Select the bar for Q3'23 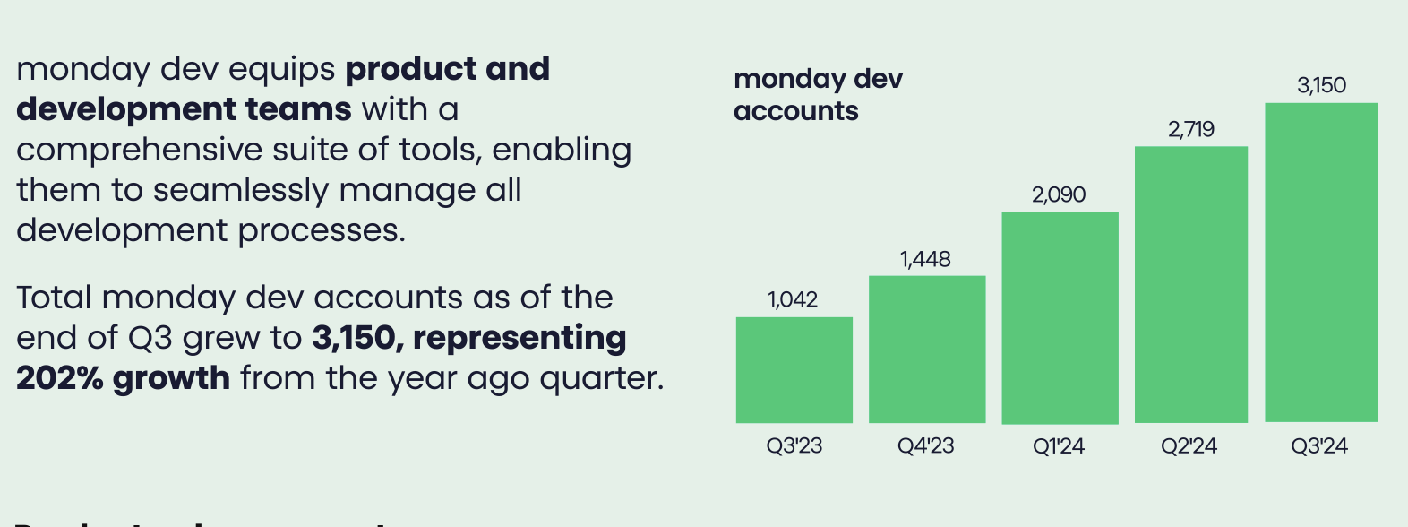(794, 369)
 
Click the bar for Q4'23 (927, 349)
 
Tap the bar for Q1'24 (1060, 317)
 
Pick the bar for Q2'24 (1190, 284)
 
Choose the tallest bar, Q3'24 (1321, 263)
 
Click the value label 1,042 (793, 299)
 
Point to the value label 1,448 (925, 259)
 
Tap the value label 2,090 (1059, 194)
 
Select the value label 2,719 (1190, 129)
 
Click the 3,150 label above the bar (1321, 85)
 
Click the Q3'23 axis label (794, 445)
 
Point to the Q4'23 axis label (925, 445)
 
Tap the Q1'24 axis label (1058, 445)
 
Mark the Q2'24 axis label (1189, 445)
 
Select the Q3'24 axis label (1318, 445)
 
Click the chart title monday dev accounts (817, 94)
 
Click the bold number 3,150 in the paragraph (354, 338)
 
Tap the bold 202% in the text (59, 378)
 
